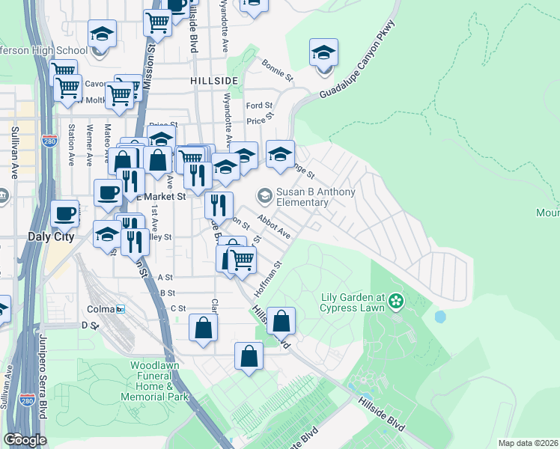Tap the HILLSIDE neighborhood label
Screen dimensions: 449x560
[214, 80]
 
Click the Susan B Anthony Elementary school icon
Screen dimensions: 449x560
[264, 197]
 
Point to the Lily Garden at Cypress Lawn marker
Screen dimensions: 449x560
[395, 302]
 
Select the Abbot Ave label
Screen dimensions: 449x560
[273, 225]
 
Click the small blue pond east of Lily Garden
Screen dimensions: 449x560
[440, 317]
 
